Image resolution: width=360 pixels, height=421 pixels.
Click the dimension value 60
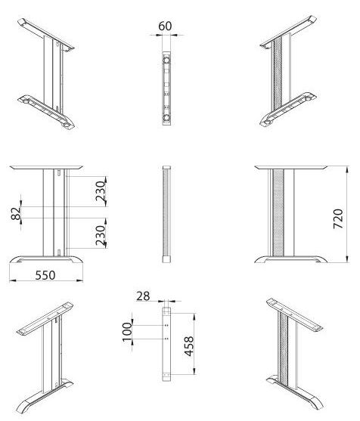(x=165, y=26)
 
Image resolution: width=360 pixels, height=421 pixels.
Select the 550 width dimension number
(x=45, y=275)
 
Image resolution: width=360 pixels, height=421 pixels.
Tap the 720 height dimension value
(x=338, y=218)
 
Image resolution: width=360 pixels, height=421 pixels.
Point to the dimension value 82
(x=16, y=213)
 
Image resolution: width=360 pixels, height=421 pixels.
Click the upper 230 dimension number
(x=101, y=191)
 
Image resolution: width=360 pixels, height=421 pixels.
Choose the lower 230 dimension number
(x=101, y=236)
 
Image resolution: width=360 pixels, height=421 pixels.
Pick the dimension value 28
(x=143, y=296)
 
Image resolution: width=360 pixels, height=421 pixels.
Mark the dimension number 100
(x=127, y=332)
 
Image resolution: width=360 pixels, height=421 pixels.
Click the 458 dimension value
(x=189, y=346)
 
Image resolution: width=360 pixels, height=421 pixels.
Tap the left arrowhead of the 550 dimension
(x=13, y=280)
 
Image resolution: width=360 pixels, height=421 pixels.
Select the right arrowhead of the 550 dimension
(x=79, y=280)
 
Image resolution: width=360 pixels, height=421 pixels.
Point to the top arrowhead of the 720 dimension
(x=347, y=170)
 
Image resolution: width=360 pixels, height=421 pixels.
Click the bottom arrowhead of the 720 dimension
(x=347, y=258)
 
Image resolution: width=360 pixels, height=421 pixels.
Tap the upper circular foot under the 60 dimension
(x=166, y=60)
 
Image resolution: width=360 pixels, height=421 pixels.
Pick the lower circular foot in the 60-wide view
(x=166, y=117)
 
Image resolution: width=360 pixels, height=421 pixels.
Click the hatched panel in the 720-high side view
(x=278, y=212)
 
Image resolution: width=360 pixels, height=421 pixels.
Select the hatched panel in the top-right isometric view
(x=278, y=74)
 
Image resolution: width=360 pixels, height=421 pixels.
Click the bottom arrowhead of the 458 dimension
(x=194, y=371)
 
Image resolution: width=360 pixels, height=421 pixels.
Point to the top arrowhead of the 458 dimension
(x=194, y=317)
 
